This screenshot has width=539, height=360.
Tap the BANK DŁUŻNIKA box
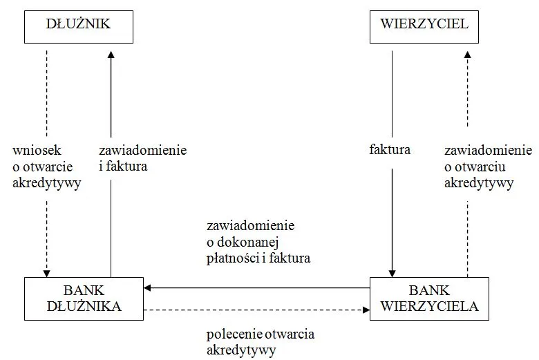84,299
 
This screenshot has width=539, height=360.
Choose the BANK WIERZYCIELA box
429,299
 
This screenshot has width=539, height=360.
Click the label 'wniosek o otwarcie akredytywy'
46,166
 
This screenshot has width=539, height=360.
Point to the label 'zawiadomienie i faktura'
142,158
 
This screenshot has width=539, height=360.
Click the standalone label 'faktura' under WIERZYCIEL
390,149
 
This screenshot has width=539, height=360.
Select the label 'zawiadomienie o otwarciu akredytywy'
487,166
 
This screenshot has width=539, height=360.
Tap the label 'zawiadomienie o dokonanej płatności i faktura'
258,242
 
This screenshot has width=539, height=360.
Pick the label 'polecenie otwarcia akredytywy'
260,342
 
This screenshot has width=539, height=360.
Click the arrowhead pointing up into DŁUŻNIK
111,55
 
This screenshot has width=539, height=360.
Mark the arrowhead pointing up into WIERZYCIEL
468,55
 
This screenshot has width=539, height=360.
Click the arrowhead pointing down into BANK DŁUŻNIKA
46,272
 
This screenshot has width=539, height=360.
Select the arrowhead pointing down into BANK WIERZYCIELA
392,272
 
